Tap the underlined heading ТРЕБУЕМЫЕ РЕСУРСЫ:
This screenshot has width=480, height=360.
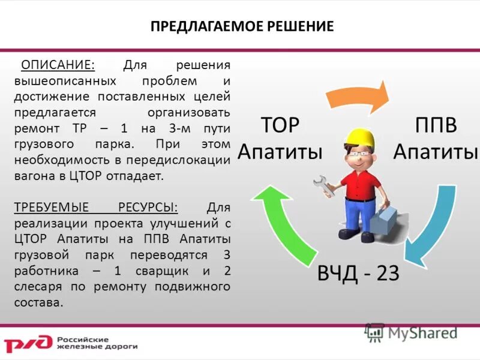[x=96, y=208]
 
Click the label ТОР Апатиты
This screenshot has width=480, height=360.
[x=280, y=139]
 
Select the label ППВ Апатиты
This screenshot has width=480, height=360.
[x=436, y=139]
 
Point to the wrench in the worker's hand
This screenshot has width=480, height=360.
[x=325, y=186]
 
